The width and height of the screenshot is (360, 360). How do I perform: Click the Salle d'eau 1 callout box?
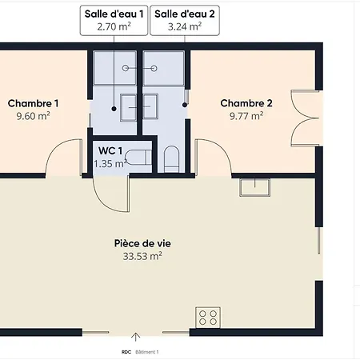coord(114,20)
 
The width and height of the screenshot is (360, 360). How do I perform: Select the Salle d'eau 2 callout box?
coord(185,20)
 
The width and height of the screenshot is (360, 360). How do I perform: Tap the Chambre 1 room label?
coord(33,103)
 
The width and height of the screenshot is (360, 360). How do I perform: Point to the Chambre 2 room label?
coord(246,103)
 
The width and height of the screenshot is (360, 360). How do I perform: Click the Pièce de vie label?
coord(142,243)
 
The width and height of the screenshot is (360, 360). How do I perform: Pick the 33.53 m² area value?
coord(142,256)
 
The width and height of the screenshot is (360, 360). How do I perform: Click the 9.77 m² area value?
coord(246,116)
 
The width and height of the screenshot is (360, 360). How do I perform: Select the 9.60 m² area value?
coord(33,116)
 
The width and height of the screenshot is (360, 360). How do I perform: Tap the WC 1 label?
coord(110,151)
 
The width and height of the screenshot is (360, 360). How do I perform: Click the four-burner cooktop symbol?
coord(208,318)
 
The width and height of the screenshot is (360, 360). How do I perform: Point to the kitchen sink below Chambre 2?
coord(254,187)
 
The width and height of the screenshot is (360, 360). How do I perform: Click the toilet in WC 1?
coord(138,158)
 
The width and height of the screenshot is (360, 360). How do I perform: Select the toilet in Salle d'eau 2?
coord(171,159)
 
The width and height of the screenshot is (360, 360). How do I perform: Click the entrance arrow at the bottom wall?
coord(136,337)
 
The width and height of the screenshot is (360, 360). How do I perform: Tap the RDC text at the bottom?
coord(126,352)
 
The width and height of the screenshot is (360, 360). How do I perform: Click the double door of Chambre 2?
coord(305,118)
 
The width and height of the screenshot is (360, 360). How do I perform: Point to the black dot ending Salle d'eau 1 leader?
coord(114,109)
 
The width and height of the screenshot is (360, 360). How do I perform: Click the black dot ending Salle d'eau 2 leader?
coord(185,105)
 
